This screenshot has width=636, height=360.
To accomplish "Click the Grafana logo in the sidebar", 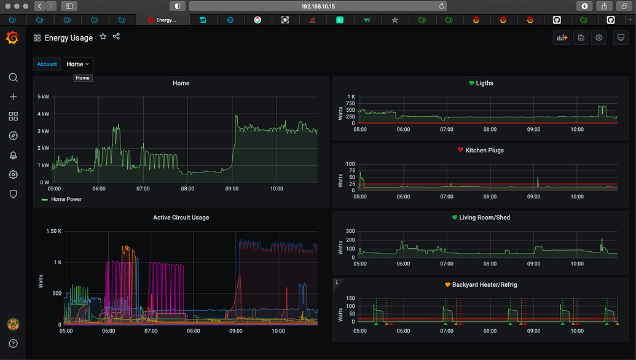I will pos(12,38).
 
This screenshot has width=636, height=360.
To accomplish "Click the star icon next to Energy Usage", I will pos(103,37).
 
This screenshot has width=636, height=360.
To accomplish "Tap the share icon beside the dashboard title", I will pos(116,37).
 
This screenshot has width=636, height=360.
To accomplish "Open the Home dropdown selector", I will pos(78,64).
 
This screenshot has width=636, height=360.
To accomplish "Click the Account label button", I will pos(47,64).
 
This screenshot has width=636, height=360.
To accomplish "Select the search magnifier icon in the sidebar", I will pos(13,77).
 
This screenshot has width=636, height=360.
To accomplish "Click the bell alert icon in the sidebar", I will pos(13,155).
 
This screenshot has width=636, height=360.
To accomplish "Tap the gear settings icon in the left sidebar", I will pos(13,174).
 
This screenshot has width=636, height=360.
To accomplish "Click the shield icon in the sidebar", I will pos(13,194).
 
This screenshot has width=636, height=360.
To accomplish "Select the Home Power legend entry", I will pos(65,199).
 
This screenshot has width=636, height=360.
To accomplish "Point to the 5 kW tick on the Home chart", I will pos(44,97).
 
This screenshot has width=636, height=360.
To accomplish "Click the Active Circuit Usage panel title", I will pos(181,217).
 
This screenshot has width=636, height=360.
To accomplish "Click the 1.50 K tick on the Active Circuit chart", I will pos(54,231).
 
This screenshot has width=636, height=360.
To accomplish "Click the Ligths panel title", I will pos(484,83).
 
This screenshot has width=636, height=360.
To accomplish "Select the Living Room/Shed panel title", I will pos(484,217).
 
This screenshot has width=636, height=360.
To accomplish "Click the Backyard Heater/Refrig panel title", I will pos(484,285).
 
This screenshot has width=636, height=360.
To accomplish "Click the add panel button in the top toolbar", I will pos(562,37).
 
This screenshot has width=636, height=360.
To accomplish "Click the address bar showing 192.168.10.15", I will pos(318,6).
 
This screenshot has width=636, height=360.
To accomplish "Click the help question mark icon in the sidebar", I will pos(13,343).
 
